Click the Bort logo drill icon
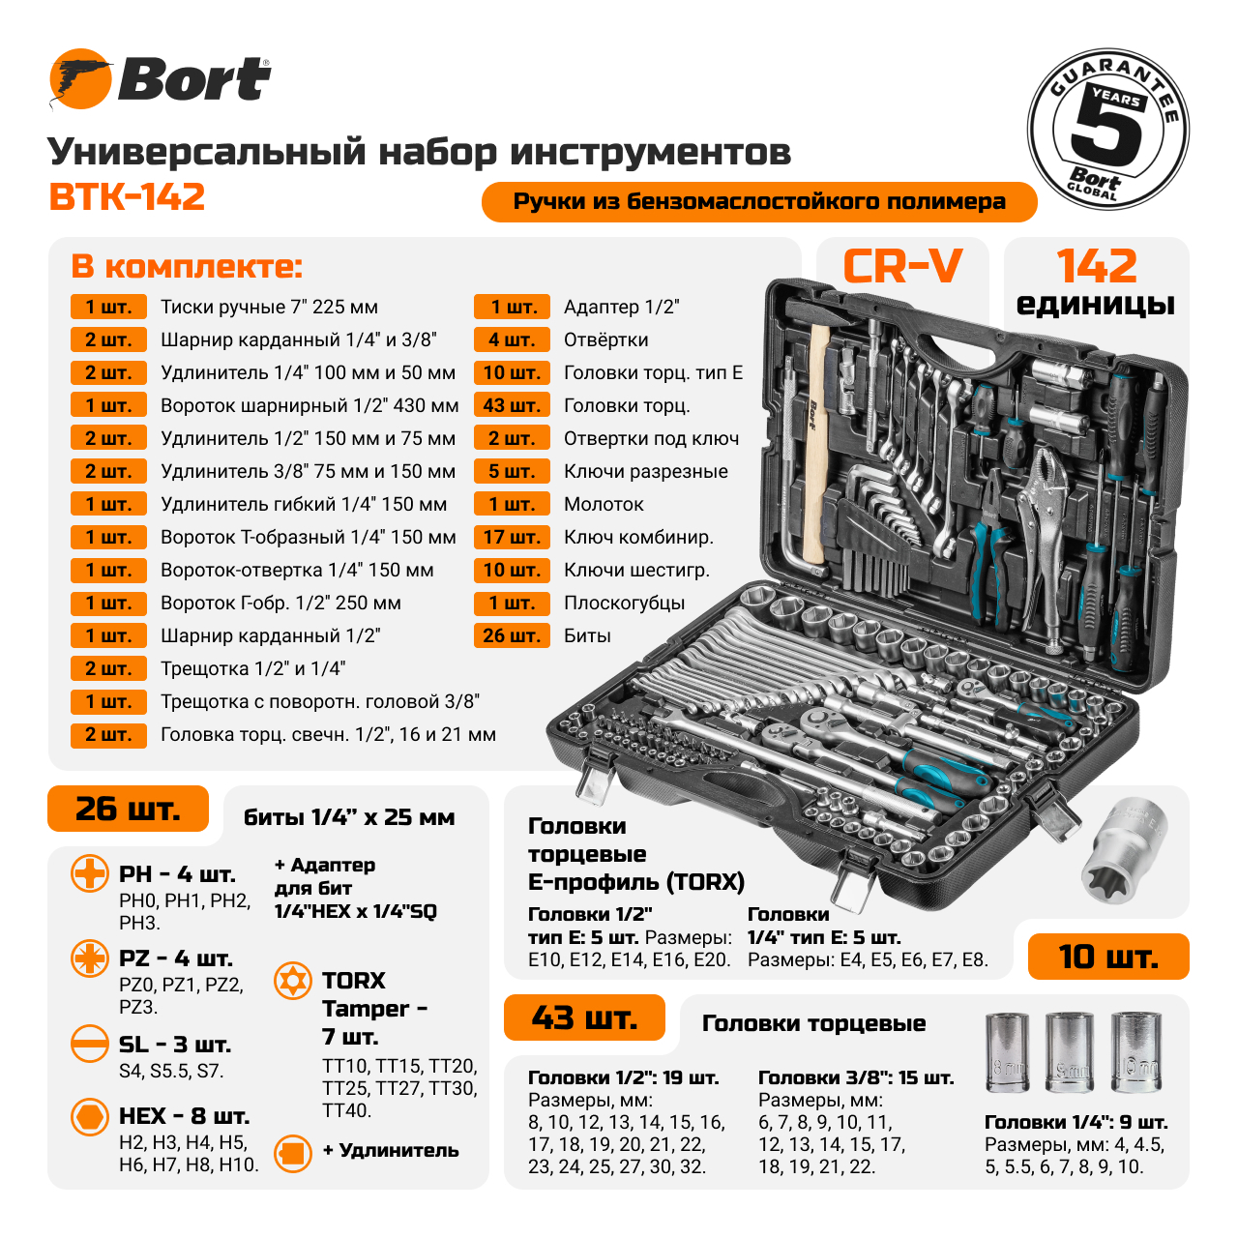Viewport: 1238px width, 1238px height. (80, 79)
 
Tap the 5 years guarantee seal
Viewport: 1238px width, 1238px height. (1107, 130)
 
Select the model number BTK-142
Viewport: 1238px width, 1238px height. (127, 197)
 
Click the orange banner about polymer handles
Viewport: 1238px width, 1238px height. (759, 202)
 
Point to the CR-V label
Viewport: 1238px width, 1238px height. (902, 267)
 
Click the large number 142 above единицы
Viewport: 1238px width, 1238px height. (1096, 266)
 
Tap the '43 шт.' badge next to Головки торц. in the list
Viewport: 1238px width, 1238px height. (511, 406)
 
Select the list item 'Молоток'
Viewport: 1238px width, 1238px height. (604, 505)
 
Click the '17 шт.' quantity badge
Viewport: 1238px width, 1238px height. (511, 538)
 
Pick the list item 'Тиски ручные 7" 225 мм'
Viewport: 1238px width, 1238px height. (269, 308)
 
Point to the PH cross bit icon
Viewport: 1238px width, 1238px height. (90, 873)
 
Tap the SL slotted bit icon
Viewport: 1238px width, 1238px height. (90, 1044)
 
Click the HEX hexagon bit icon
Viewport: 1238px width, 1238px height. (90, 1116)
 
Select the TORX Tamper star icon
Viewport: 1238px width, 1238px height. (293, 981)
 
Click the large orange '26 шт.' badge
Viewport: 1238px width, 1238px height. (128, 809)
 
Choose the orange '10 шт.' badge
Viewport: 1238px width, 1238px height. (1107, 957)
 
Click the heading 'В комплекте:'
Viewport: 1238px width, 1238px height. (187, 267)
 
